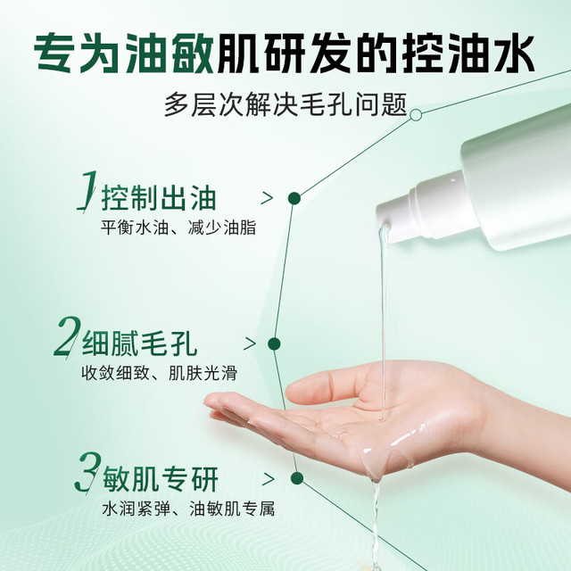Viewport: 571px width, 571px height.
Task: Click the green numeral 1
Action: click(x=87, y=190)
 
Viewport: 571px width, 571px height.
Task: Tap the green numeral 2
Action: click(x=68, y=336)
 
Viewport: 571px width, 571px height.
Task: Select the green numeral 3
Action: click(x=87, y=472)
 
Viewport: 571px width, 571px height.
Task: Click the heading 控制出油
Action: click(x=159, y=198)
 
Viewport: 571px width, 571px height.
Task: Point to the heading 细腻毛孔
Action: click(x=139, y=343)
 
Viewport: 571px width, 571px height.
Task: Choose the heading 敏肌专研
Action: click(x=161, y=479)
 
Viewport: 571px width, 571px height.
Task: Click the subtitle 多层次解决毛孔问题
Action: click(x=285, y=105)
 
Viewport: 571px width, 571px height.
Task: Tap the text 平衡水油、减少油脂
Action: click(x=178, y=228)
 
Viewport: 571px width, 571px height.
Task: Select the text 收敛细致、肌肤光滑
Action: click(x=159, y=374)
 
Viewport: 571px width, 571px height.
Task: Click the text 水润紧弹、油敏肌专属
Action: click(x=188, y=509)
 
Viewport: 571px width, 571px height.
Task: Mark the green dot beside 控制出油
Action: click(x=294, y=198)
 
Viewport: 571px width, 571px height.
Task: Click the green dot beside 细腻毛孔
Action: click(x=274, y=343)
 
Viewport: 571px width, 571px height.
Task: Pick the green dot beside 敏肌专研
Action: click(x=297, y=478)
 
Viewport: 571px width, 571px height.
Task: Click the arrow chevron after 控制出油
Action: click(x=267, y=198)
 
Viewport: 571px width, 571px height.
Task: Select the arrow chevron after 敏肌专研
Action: click(x=269, y=479)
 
